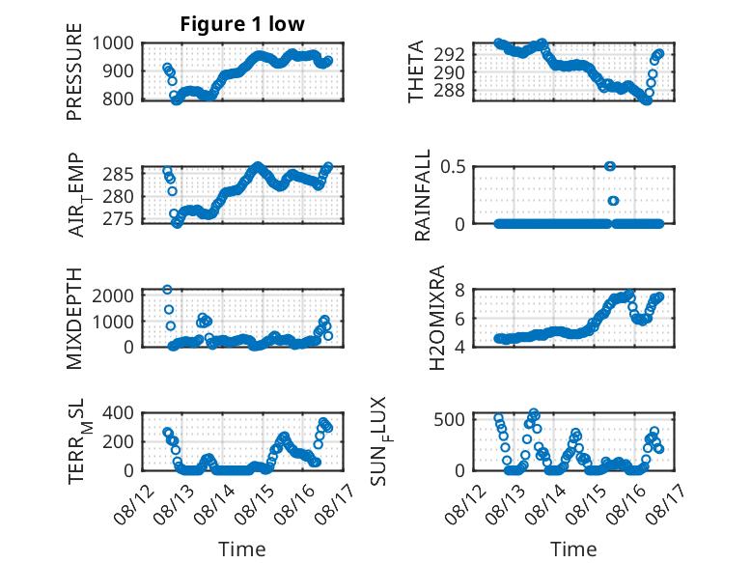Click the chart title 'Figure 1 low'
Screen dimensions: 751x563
pos(242,24)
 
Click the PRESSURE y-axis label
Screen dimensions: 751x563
pos(74,71)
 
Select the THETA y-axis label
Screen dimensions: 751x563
pos(416,71)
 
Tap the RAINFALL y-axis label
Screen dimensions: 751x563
pos(423,195)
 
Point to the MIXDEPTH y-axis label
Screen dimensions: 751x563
pos(74,319)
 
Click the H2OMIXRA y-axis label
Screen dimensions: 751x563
pos(437,318)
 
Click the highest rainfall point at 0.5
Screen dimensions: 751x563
pos(610,166)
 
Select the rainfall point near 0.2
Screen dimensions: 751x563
pos(614,201)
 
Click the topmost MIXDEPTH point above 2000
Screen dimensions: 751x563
pos(167,290)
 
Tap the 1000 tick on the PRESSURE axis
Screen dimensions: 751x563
pos(113,43)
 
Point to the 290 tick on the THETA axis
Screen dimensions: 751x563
pos(449,72)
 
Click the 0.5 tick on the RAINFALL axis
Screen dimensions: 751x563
pos(453,167)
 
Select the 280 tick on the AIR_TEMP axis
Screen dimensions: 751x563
pos(118,196)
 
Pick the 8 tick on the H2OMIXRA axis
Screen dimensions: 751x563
pos(459,290)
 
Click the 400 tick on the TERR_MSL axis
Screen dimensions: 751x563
pos(118,412)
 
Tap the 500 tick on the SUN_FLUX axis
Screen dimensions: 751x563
pos(449,419)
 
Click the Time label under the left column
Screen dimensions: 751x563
pos(242,549)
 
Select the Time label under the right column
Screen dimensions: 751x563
pos(573,549)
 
